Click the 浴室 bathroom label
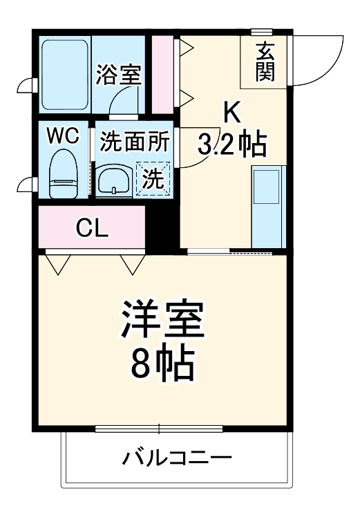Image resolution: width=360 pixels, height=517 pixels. click(119, 74)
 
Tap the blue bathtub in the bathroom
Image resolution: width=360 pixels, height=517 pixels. click(66, 74)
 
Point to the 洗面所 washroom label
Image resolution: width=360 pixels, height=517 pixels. click(134, 142)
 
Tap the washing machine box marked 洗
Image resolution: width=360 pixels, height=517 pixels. click(153, 179)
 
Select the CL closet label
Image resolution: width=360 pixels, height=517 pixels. click(92, 227)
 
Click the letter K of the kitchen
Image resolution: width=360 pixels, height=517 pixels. click(230, 111)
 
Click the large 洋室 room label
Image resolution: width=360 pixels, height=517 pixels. click(163, 319)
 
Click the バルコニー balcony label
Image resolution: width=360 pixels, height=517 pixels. click(176, 458)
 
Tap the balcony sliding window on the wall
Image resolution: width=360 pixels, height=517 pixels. click(159, 429)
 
